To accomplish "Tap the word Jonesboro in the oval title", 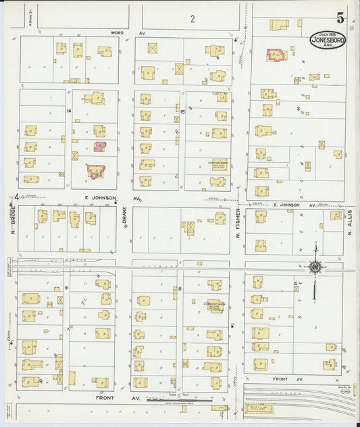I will coord(328,41).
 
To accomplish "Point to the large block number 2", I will coord(192,19).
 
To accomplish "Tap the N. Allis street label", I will coord(351,222).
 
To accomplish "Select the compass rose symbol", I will coord(315,268).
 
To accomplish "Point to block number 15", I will coord(182,110).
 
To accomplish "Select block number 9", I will coord(66,270).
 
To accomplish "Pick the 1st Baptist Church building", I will coord(215,305).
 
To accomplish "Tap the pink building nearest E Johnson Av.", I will coord(95,171).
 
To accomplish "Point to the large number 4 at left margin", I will coord(16,197).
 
